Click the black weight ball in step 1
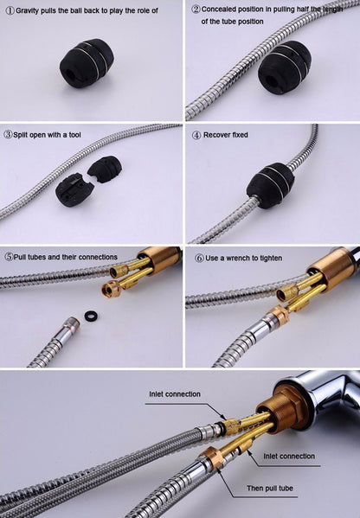pyautogui.click(x=87, y=63)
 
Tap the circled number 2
pyautogui.click(x=196, y=10)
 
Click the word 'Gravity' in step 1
pyautogui.click(x=28, y=10)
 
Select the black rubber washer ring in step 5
pyautogui.click(x=91, y=317)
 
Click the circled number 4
pyautogui.click(x=196, y=135)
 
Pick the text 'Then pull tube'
pyautogui.click(x=270, y=488)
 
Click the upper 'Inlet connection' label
pyautogui.click(x=175, y=394)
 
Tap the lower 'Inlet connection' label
pyautogui.click(x=289, y=457)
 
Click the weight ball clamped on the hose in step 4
pyautogui.click(x=270, y=185)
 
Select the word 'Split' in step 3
pyautogui.click(x=21, y=135)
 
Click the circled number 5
pyautogui.click(x=9, y=257)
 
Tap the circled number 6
pyautogui.click(x=199, y=258)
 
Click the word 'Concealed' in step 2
pyautogui.click(x=217, y=10)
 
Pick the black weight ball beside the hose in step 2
pyautogui.click(x=285, y=67)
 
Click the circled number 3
pyautogui.click(x=8, y=135)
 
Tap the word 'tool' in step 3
pyautogui.click(x=74, y=135)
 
